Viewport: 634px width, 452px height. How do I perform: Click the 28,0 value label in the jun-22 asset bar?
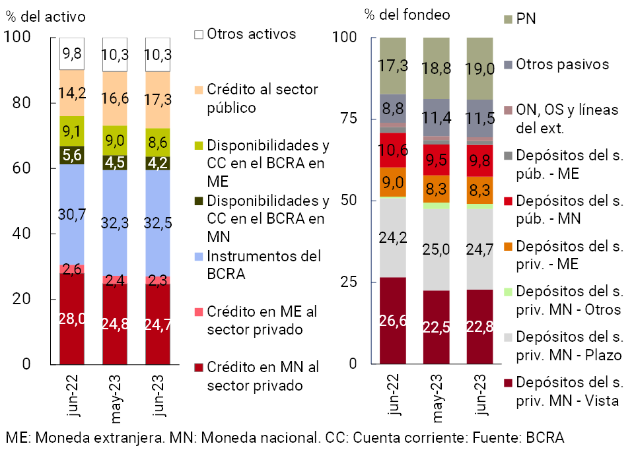(72, 319)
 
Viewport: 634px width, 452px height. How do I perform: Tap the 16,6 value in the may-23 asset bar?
(115, 100)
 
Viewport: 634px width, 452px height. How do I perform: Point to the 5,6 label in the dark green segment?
(72, 155)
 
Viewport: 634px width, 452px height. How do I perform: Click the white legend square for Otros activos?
(198, 34)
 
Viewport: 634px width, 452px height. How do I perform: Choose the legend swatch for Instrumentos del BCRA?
(198, 255)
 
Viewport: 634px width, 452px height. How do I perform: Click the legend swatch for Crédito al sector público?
(198, 89)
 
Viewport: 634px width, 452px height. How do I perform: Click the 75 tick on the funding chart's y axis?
(349, 119)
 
